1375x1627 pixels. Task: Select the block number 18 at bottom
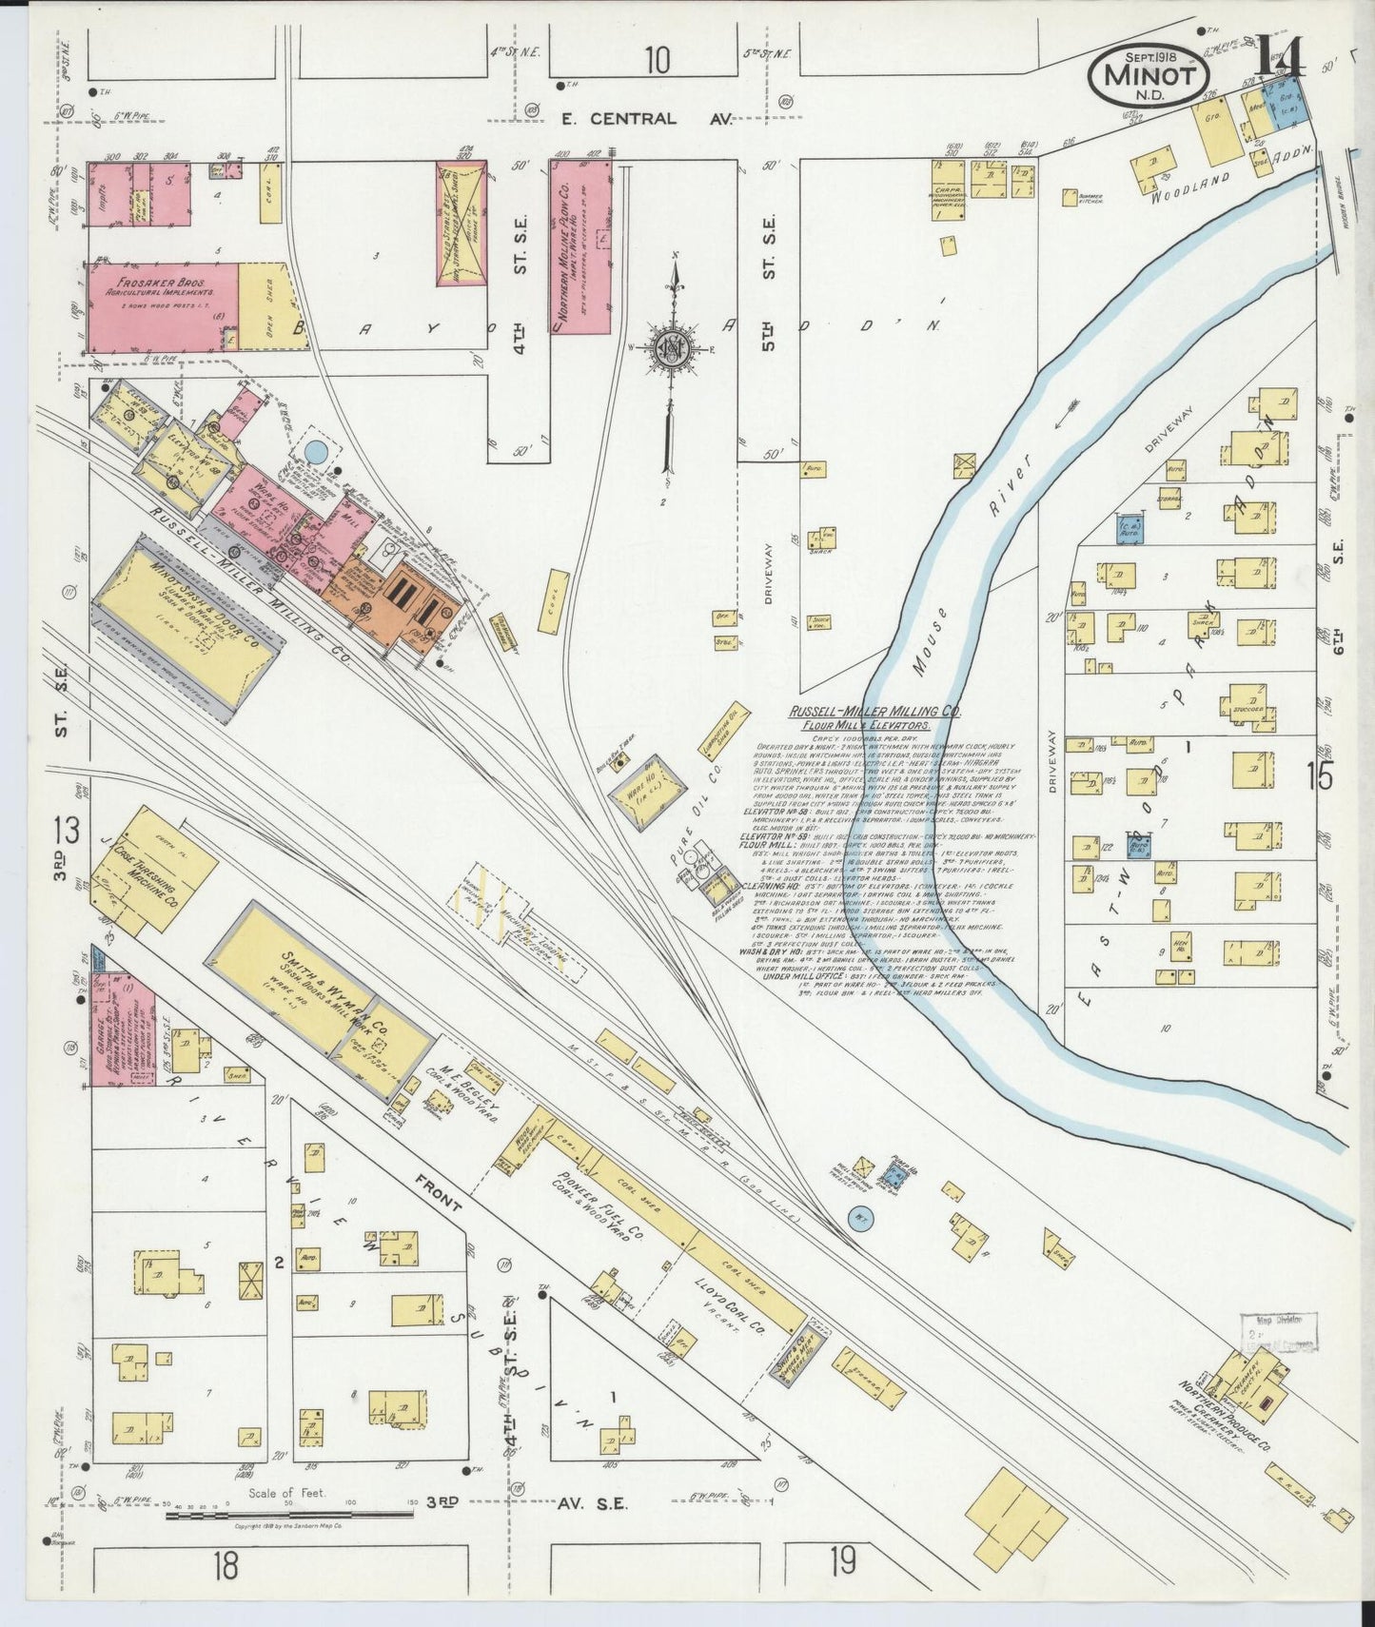coord(225,1563)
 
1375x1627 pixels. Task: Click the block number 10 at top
coord(656,60)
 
